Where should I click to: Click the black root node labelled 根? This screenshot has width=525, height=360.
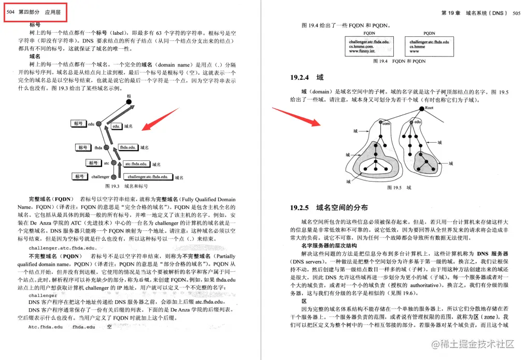[129, 102]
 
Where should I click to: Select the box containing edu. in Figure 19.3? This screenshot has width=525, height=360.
[117, 126]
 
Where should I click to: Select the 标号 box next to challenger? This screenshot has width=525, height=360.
[79, 176]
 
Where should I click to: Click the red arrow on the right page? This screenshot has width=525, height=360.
[295, 116]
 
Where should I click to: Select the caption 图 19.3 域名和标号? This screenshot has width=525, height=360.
[126, 186]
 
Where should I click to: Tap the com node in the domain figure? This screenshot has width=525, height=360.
[385, 123]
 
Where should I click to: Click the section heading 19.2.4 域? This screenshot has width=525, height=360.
[307, 77]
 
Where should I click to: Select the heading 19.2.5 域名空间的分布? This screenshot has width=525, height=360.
[329, 207]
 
